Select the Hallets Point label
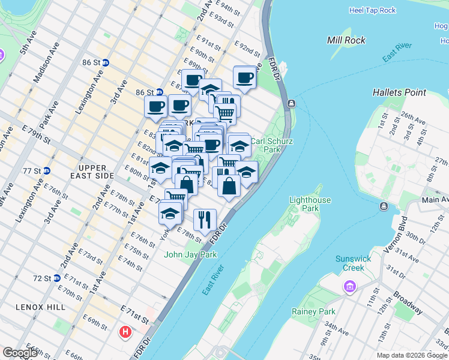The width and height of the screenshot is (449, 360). coord(399,92)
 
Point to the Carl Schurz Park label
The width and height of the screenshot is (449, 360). coord(265,145)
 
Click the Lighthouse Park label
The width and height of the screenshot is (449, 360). coord(312,204)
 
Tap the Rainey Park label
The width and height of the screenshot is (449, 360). coord(313,311)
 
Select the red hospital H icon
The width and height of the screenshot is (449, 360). coord(125,332)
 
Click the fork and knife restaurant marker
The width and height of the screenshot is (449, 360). coord(205,220)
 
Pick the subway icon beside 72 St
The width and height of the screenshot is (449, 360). coord(56,278)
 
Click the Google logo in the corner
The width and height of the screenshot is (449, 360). coord(20,353)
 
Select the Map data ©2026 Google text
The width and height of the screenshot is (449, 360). coord(412,355)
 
